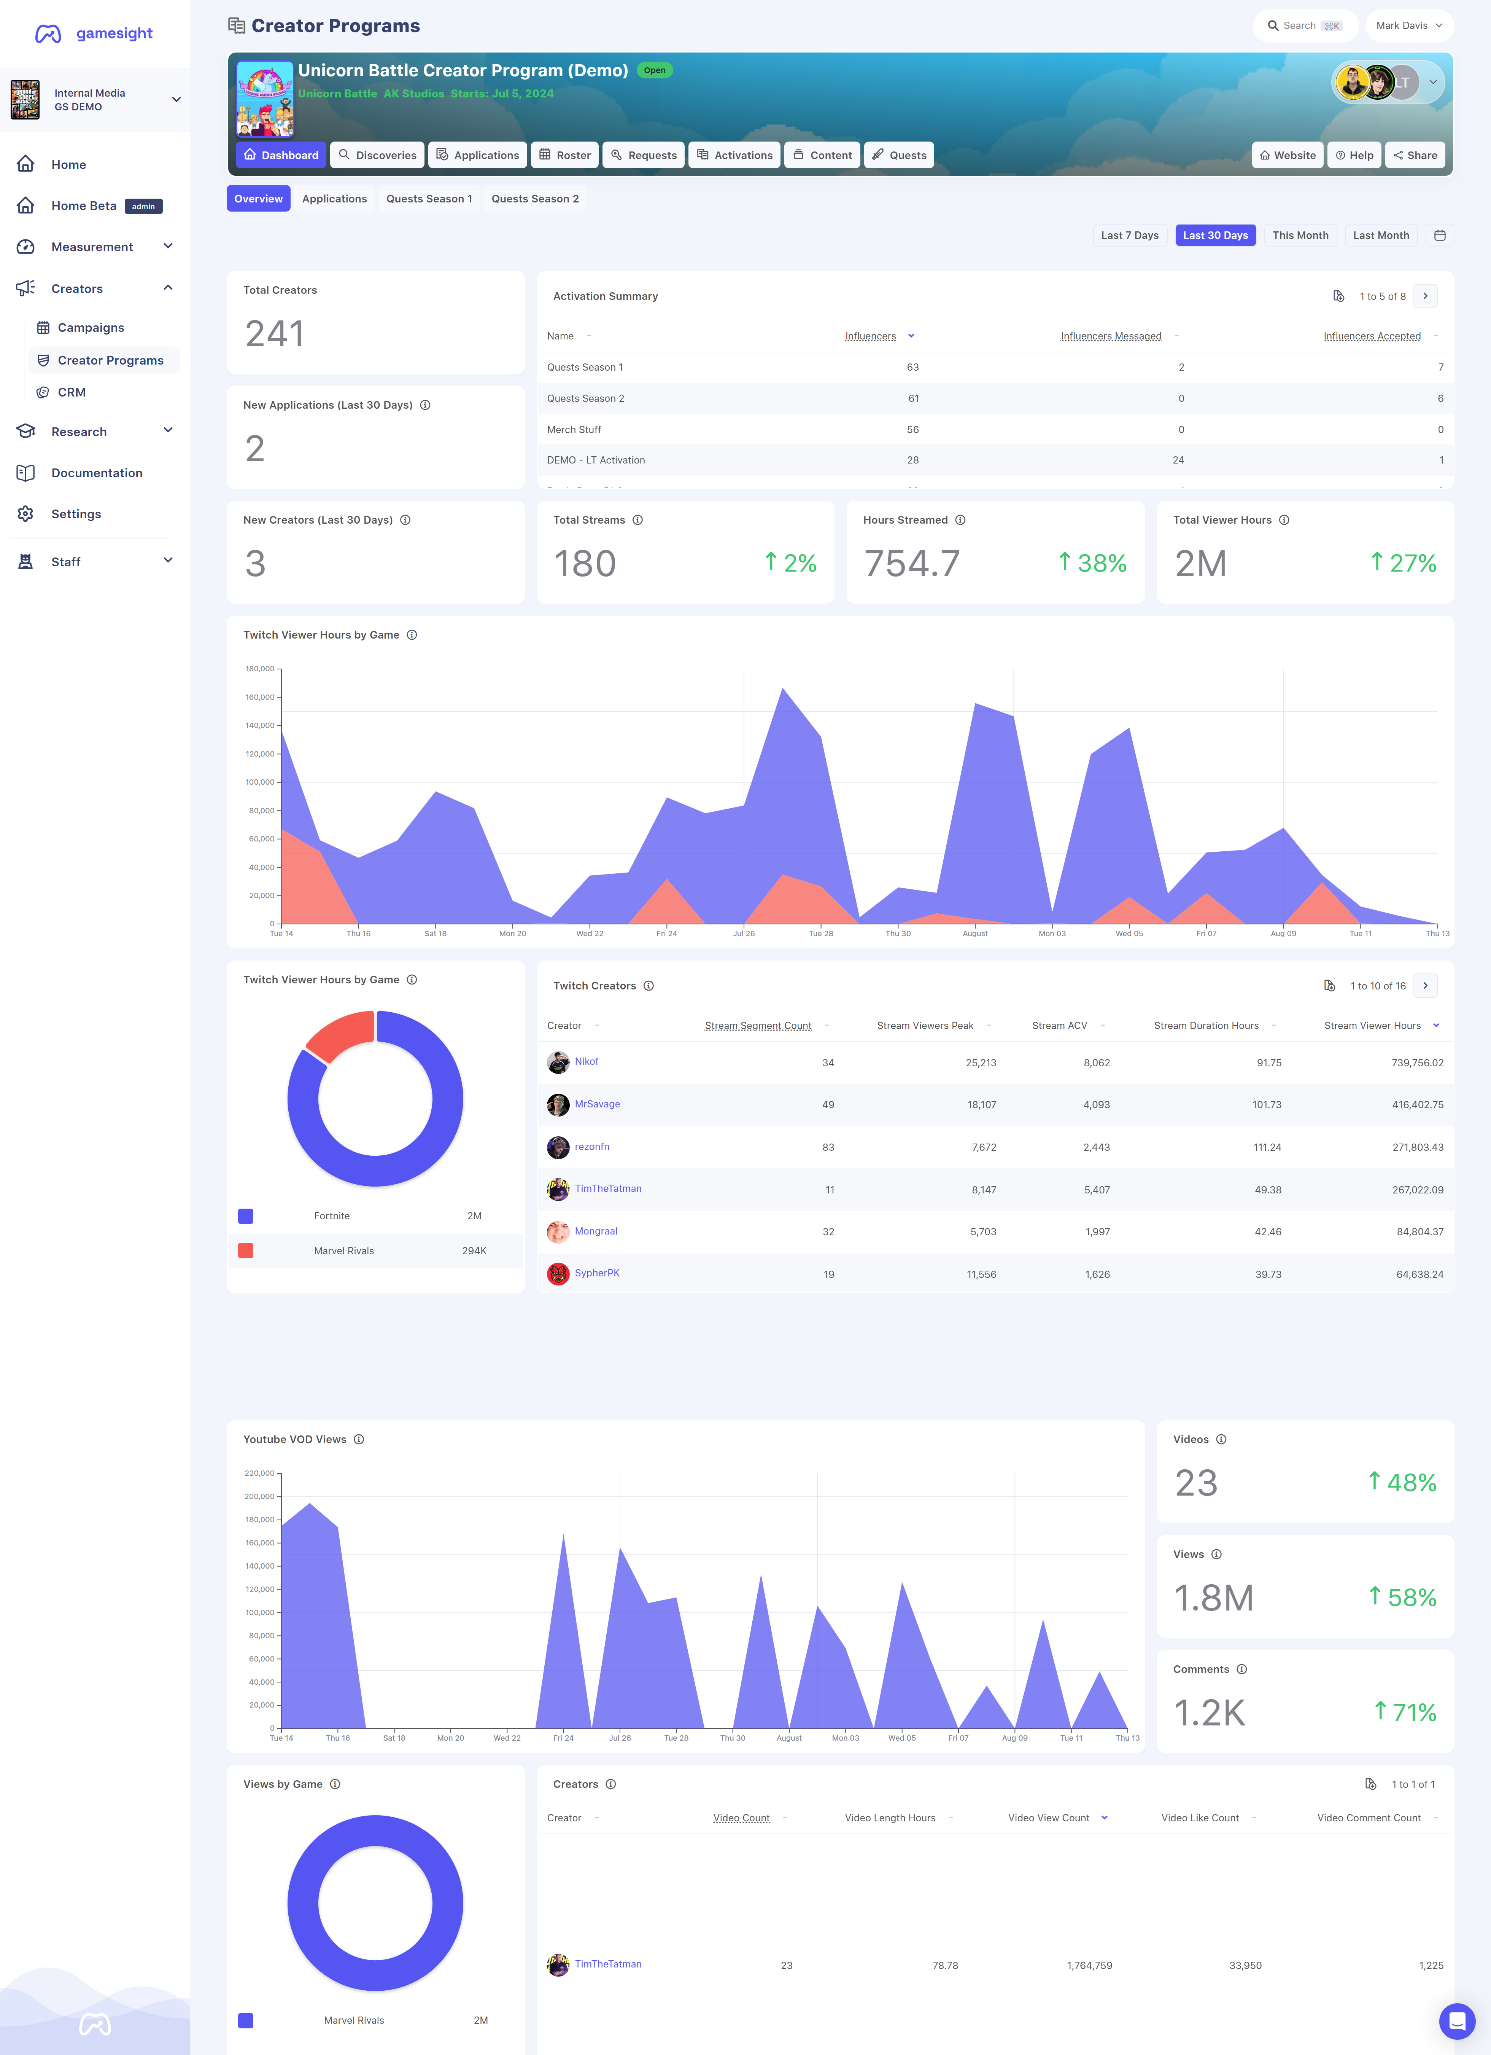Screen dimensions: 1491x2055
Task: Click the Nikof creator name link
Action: pyautogui.click(x=586, y=1061)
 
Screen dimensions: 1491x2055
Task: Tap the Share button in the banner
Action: pyautogui.click(x=1415, y=155)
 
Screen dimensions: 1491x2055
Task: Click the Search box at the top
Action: pyautogui.click(x=1304, y=25)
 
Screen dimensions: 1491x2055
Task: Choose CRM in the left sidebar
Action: pyautogui.click(x=72, y=392)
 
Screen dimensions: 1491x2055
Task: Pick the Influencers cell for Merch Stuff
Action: pyautogui.click(x=912, y=430)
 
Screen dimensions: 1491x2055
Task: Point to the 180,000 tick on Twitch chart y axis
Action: pyautogui.click(x=260, y=669)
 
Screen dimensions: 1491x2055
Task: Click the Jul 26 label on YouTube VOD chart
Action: pyautogui.click(x=620, y=1738)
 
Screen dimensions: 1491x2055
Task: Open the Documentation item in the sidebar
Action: pyautogui.click(x=96, y=473)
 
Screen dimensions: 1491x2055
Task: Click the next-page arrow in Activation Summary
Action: pyautogui.click(x=1425, y=296)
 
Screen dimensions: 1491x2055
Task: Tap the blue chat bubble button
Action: pyautogui.click(x=1457, y=2021)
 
